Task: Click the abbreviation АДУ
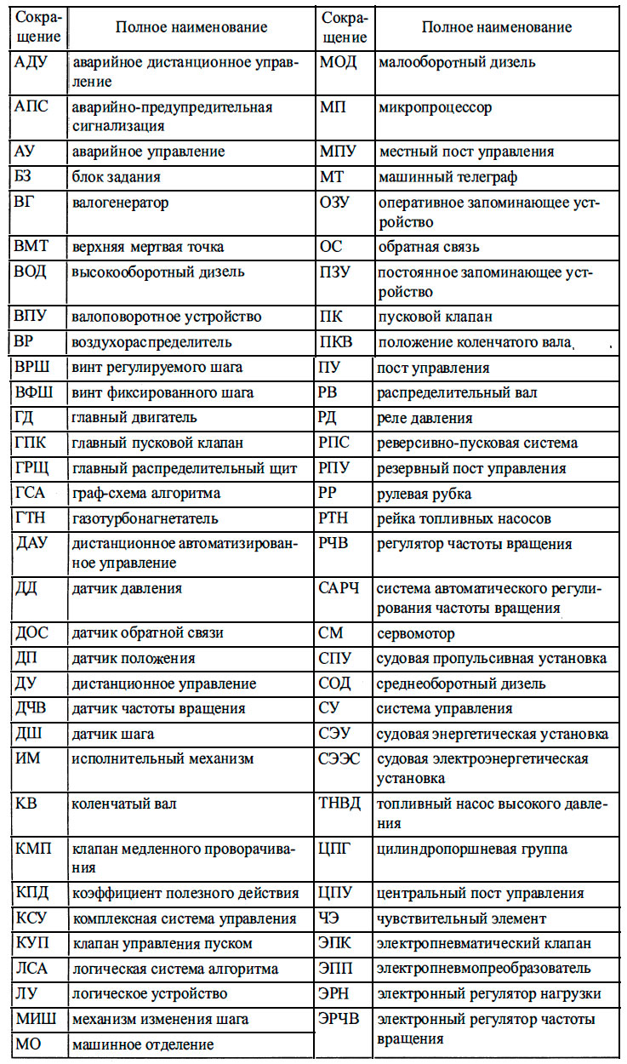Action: tap(33, 62)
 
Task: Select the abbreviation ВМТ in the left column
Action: tap(33, 247)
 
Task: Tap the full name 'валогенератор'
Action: tap(120, 203)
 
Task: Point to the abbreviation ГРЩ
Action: tap(33, 468)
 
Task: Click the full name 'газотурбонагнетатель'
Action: tap(145, 518)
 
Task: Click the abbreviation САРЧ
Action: tap(340, 587)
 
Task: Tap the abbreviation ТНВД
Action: tap(340, 803)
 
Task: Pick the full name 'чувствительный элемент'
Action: tap(461, 918)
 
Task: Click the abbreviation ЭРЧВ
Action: tap(342, 1019)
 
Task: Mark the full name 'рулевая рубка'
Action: tap(424, 494)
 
